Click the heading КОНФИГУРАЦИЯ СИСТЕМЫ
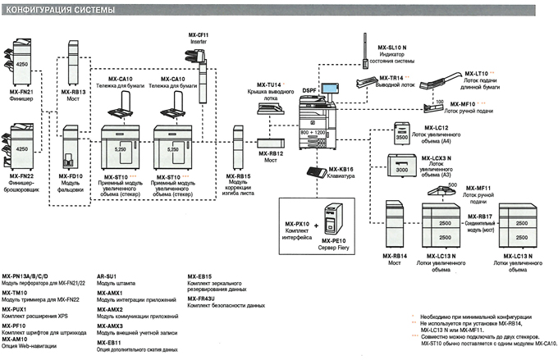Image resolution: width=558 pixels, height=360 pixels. pyautogui.click(x=57, y=7)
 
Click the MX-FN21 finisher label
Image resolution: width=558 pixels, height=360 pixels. pyautogui.click(x=21, y=94)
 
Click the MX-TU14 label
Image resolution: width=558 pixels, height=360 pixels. pyautogui.click(x=268, y=84)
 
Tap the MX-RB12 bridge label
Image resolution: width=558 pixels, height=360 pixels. pyautogui.click(x=271, y=153)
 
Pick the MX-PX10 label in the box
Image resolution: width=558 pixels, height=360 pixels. pyautogui.click(x=296, y=223)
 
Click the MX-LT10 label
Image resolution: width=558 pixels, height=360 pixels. pyautogui.click(x=476, y=72)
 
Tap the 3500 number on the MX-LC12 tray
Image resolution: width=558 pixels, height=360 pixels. pyautogui.click(x=401, y=139)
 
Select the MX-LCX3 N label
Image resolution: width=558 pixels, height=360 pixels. pyautogui.click(x=437, y=157)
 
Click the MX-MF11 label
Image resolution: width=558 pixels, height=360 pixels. pyautogui.click(x=477, y=189)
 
